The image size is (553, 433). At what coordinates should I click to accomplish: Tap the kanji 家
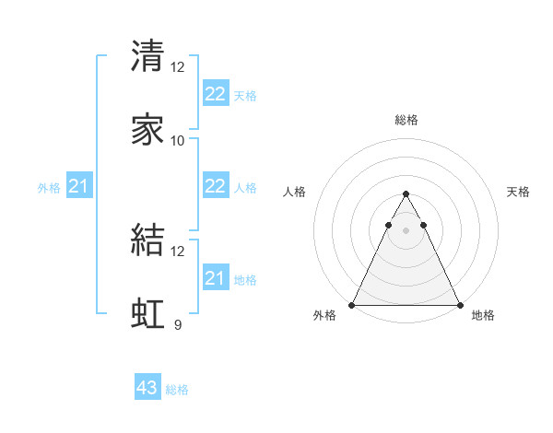click(148, 129)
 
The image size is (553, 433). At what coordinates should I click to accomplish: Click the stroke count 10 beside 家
click(178, 140)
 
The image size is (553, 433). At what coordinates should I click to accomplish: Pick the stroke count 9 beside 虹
click(178, 324)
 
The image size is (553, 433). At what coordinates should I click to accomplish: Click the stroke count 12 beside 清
click(178, 66)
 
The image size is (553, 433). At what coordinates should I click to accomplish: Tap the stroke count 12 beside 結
click(178, 251)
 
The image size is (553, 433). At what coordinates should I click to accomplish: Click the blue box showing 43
click(147, 388)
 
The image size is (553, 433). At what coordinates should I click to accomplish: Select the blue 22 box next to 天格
click(215, 94)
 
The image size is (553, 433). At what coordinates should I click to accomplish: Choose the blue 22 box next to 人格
click(215, 186)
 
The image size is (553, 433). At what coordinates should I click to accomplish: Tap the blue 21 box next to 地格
click(215, 278)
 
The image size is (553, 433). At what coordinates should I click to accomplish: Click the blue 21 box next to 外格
click(79, 187)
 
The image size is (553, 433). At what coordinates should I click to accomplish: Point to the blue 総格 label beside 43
click(177, 390)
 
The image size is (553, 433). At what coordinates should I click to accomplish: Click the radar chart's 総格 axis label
click(406, 120)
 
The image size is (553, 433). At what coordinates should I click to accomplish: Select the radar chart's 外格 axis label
click(324, 316)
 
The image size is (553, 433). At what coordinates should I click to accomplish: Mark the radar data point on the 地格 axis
click(459, 305)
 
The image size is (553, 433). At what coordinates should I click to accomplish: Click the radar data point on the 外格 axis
click(352, 305)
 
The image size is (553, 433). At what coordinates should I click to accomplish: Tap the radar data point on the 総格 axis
click(406, 194)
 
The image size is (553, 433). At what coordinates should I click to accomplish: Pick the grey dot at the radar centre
click(406, 230)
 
